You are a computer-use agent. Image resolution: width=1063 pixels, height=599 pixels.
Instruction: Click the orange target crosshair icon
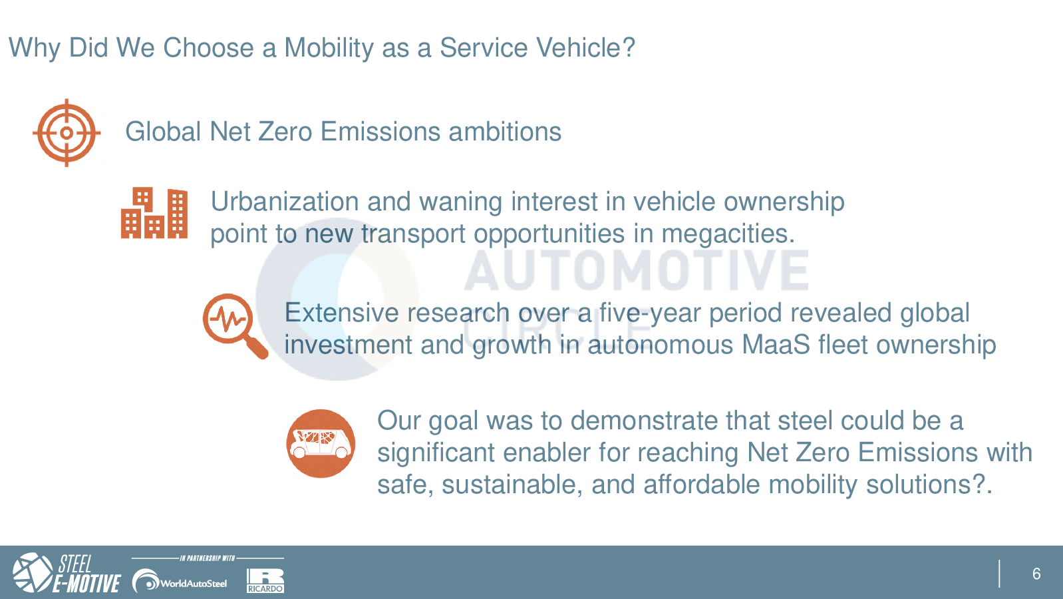[67, 133]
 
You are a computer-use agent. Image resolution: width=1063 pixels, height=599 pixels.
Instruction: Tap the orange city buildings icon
[154, 212]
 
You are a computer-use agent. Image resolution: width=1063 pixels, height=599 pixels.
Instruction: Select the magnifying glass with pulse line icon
[235, 326]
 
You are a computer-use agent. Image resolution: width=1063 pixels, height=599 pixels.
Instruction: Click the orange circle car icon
[321, 443]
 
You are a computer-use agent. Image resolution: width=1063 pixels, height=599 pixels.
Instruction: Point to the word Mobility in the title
[329, 49]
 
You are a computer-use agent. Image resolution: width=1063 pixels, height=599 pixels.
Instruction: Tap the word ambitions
[505, 132]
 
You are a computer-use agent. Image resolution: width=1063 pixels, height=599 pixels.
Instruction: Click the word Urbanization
[285, 201]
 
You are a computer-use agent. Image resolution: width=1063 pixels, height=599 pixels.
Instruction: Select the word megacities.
[728, 234]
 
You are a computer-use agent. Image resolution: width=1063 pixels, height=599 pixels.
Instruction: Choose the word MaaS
[776, 345]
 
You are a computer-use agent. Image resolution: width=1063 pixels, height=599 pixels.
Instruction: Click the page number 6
[1036, 574]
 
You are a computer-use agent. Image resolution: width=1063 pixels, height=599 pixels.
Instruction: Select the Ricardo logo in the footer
[265, 580]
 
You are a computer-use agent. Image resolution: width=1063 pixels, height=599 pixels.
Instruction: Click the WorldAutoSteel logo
[180, 580]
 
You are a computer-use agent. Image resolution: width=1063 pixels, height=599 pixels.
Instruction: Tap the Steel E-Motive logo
[67, 573]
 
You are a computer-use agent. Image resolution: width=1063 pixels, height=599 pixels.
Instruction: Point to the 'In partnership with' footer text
[208, 558]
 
